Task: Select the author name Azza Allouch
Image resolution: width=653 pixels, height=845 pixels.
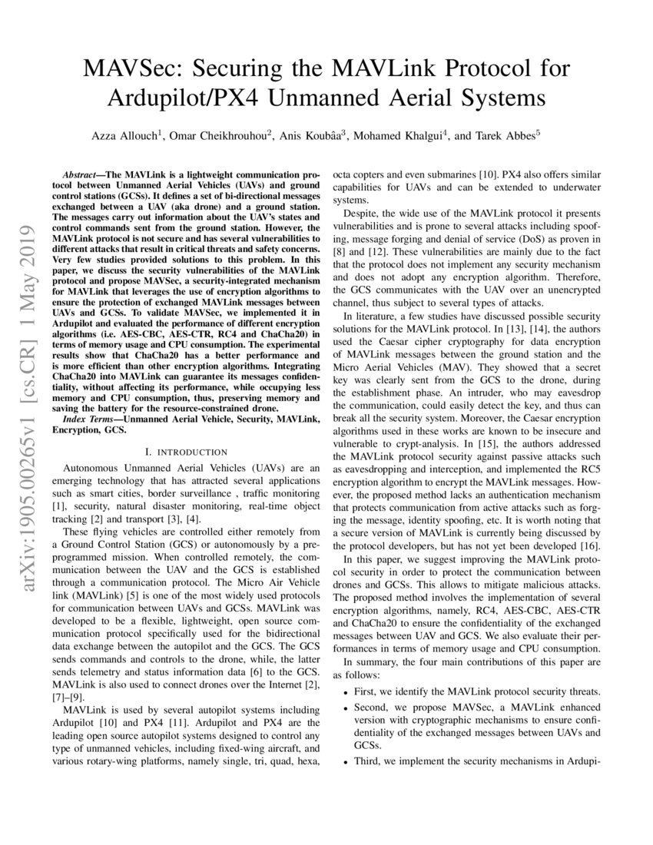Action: click(x=126, y=135)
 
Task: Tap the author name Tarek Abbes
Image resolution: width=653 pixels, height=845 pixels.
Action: click(x=505, y=135)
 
